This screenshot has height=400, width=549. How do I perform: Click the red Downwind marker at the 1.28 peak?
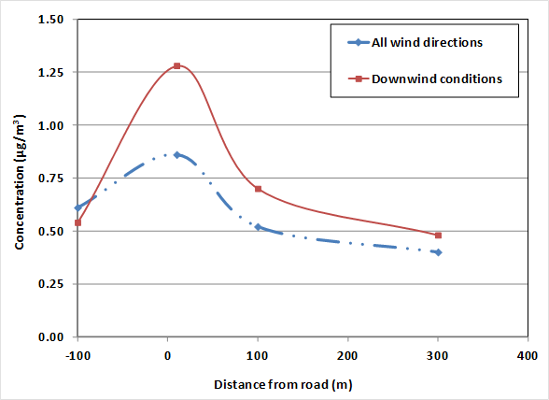176,65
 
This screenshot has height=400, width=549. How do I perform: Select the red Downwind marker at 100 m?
258,189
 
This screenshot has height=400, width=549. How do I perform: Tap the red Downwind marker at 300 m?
438,236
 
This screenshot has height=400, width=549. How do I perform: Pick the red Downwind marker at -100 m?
77,222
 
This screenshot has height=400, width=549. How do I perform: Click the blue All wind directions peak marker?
176,155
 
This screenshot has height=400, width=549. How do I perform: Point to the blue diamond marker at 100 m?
258,227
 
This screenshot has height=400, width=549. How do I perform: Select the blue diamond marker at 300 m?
438,252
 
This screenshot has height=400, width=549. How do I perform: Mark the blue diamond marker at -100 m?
77,207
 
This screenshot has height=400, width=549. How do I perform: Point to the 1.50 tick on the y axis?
51,20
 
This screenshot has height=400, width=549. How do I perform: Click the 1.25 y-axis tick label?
51,72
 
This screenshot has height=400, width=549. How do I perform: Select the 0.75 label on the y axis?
51,179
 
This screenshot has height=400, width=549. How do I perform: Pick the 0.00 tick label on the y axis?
51,337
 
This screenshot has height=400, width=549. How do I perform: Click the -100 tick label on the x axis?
77,356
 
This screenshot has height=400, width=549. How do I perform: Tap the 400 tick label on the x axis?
527,356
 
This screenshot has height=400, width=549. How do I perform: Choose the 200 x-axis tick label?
347,356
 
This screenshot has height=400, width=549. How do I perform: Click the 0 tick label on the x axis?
167,356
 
